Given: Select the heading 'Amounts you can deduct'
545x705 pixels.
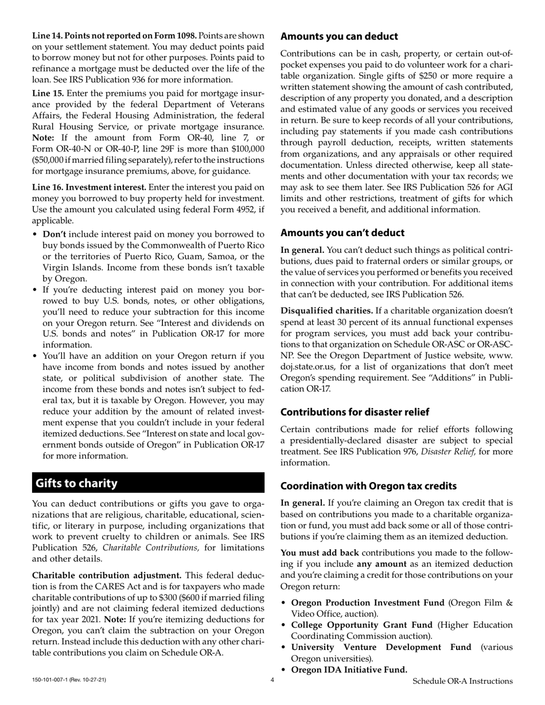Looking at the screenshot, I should coord(339,37).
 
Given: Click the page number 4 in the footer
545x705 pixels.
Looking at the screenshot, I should coord(272,680).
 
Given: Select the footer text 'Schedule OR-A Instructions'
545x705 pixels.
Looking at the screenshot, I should coord(462,681).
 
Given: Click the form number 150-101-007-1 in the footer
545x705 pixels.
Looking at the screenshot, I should coord(54,680).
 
